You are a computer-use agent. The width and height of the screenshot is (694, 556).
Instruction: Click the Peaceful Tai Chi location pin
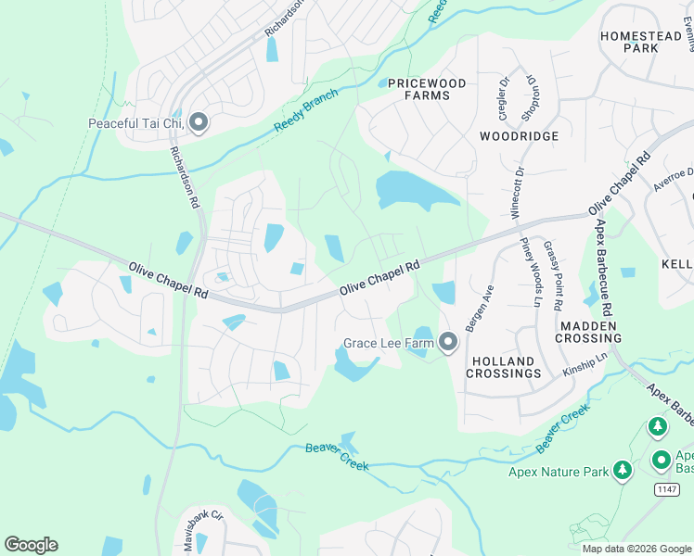(x=198, y=123)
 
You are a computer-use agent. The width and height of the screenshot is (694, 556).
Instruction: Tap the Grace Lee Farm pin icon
(x=448, y=343)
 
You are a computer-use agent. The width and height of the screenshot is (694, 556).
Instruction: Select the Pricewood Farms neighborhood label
(x=427, y=89)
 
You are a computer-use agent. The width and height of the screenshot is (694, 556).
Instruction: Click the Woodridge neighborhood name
(x=520, y=136)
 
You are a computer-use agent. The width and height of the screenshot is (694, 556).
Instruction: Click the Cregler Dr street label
(x=505, y=95)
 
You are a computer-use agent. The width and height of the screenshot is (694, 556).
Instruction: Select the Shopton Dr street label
(x=533, y=93)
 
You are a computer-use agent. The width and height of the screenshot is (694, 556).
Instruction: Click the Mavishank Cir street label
(x=204, y=520)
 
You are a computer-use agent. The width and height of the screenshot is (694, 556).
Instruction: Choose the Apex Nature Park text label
(x=559, y=472)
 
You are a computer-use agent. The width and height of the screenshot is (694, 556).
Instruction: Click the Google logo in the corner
(x=31, y=545)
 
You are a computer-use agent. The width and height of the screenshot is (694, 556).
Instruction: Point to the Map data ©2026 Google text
(x=636, y=549)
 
